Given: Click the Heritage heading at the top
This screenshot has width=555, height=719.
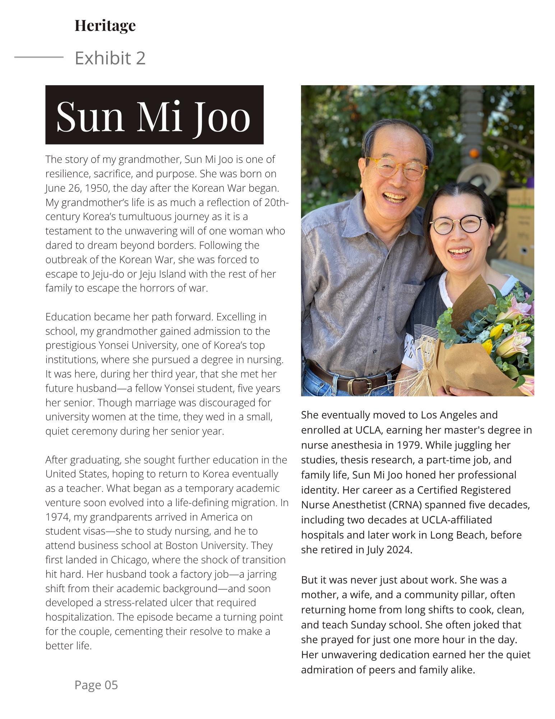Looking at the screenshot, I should (x=105, y=26).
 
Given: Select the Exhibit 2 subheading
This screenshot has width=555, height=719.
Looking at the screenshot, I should (x=110, y=58).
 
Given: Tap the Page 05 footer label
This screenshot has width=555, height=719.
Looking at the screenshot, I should (x=96, y=685).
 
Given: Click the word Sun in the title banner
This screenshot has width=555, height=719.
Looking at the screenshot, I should (x=90, y=116).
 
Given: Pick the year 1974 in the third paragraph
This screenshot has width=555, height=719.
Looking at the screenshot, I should (x=56, y=517).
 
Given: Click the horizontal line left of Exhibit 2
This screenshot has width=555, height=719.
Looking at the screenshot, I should (x=39, y=57).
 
